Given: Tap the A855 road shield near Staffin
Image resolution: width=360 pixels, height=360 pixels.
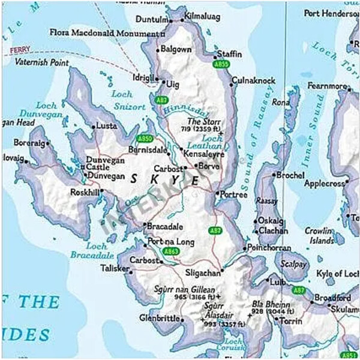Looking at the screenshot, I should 221,63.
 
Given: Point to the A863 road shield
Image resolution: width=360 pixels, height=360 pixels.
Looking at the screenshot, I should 171,251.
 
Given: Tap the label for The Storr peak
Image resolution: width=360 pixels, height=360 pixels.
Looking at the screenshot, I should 204,122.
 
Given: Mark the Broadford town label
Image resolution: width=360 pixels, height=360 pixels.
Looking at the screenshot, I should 332,298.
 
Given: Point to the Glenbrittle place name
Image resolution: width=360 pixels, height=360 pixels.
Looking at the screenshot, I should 159,318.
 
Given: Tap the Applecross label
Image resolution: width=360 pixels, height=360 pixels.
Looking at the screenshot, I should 326,183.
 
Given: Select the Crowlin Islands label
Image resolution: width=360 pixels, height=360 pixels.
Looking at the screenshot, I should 318,236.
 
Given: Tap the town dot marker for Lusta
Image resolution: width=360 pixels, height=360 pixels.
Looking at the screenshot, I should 93,127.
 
